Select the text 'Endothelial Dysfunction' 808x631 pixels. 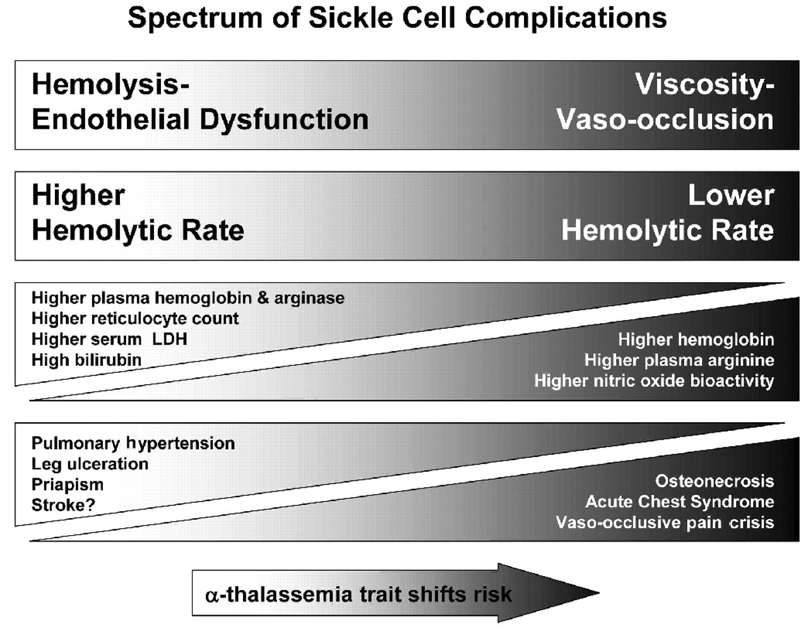click(x=200, y=119)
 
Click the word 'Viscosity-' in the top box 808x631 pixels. click(x=704, y=85)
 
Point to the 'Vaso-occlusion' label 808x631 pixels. click(x=665, y=119)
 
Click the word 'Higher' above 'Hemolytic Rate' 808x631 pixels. click(x=78, y=196)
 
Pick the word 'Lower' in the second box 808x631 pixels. click(x=731, y=196)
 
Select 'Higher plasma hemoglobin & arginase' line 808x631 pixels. click(x=188, y=298)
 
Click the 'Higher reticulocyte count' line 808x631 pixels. click(x=135, y=319)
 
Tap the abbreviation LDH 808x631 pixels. click(x=170, y=339)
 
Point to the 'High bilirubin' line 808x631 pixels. click(x=86, y=360)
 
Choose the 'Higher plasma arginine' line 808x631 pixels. click(x=679, y=360)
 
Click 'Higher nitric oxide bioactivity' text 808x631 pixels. click(x=654, y=381)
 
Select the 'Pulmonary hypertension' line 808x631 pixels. click(x=133, y=444)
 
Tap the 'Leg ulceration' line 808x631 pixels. click(x=90, y=464)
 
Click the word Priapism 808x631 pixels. click(x=68, y=485)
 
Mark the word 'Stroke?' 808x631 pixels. click(x=63, y=505)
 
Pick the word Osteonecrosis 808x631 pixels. click(x=715, y=481)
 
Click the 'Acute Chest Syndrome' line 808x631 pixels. click(x=680, y=502)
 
